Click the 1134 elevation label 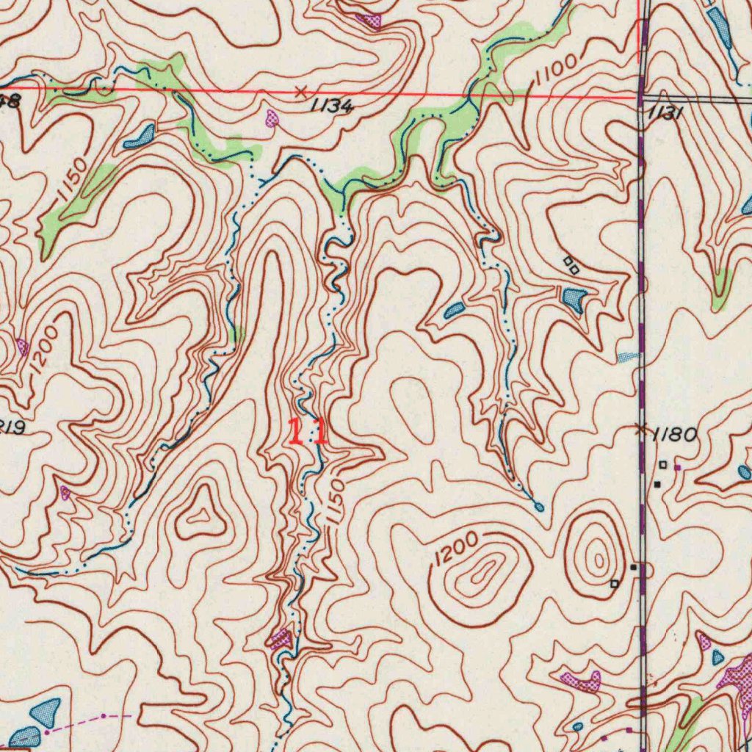[333, 106]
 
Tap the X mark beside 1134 [300, 92]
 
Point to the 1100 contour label [556, 72]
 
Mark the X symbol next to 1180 [642, 428]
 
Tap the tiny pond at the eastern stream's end [540, 507]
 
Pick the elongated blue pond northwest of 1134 [140, 137]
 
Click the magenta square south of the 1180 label [677, 466]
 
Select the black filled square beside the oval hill [634, 567]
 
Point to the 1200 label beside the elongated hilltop [455, 548]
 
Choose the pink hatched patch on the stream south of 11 [281, 639]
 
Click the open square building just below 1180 [662, 464]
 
